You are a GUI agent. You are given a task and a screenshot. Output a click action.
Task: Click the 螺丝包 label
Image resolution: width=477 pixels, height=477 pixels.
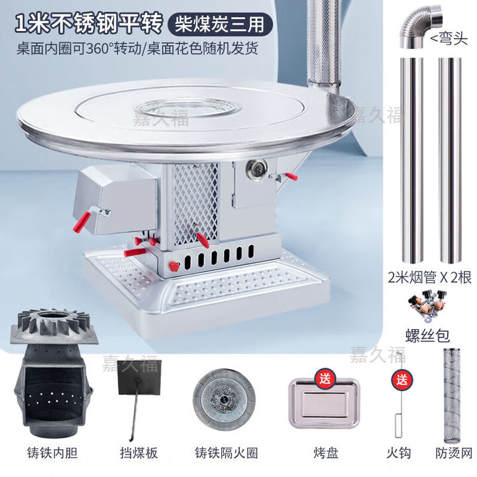tap(431, 331)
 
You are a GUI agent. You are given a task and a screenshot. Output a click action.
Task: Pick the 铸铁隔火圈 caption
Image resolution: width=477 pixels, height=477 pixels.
tap(226, 454)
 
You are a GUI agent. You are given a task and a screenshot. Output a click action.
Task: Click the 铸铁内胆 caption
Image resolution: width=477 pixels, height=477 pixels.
tap(48, 454)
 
